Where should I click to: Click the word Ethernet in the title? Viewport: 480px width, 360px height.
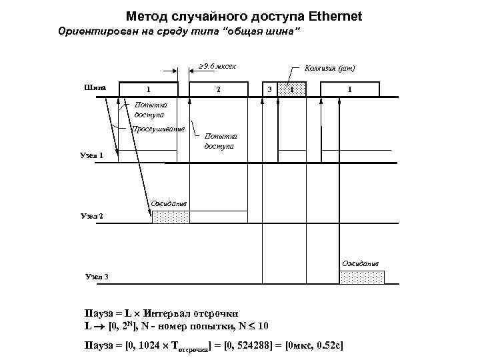327,15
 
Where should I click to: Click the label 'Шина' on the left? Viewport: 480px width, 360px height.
95,87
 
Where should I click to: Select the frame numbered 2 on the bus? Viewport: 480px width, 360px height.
218,90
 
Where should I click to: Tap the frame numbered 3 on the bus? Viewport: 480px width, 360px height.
269,90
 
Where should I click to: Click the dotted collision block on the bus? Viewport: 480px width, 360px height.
291,90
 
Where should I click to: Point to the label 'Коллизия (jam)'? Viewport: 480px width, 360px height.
329,68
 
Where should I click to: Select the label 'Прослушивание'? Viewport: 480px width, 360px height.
158,129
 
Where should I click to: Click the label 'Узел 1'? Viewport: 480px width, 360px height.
91,155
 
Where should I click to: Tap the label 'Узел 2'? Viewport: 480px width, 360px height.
91,217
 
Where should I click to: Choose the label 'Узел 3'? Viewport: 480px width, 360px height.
97,277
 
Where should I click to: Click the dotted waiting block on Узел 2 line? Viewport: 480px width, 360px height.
171,217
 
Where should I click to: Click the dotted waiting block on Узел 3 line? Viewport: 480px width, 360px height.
362,277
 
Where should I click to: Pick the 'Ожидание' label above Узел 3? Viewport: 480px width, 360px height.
361,263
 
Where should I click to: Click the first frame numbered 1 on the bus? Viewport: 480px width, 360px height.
148,90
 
